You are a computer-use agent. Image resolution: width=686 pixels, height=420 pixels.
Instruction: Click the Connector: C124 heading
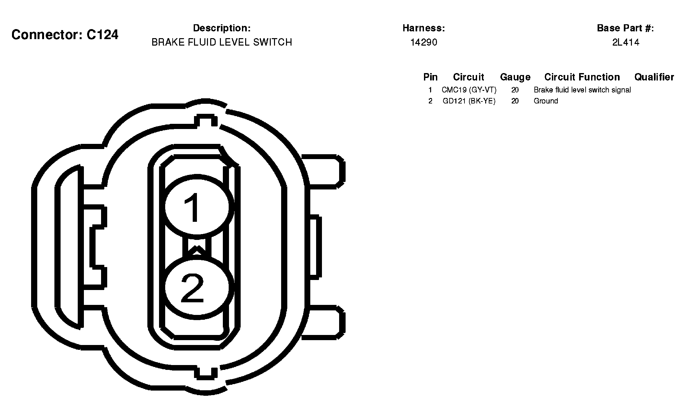[x=65, y=35]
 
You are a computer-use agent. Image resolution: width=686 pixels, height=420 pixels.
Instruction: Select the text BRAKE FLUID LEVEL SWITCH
[x=222, y=42]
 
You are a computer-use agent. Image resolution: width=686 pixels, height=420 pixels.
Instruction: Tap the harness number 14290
[x=424, y=42]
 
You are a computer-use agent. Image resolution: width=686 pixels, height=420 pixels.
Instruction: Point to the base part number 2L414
[x=625, y=42]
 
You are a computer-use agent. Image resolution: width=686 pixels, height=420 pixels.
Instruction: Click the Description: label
[x=222, y=28]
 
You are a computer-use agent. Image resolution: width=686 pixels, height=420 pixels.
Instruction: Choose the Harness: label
[x=424, y=28]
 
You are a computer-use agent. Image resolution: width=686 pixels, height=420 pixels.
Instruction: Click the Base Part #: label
[x=625, y=28]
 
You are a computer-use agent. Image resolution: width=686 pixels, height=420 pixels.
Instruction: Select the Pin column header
[x=430, y=77]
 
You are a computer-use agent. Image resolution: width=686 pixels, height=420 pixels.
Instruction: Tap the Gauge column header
[x=515, y=77]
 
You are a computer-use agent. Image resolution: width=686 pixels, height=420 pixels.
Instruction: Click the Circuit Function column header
[x=582, y=77]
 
